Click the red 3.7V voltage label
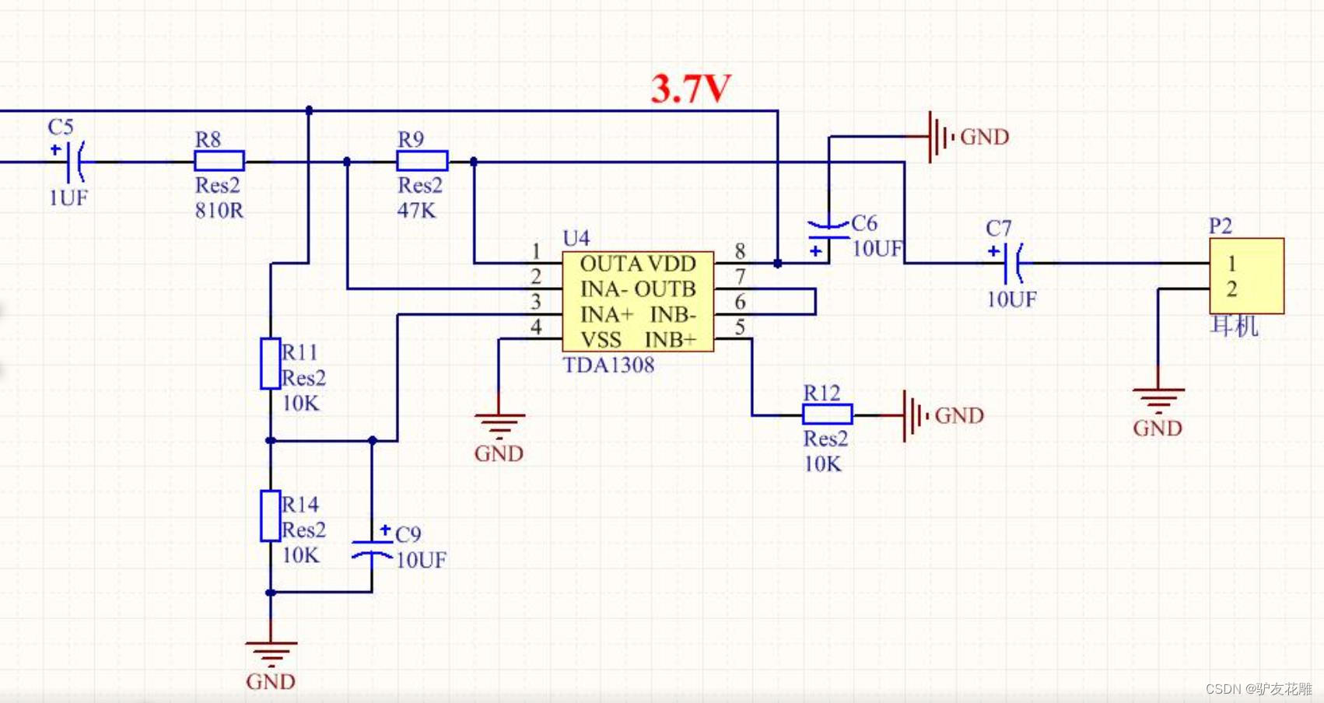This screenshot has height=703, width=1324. (x=690, y=89)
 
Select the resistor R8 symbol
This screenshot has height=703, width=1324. (x=219, y=161)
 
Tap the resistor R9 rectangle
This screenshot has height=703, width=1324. (x=422, y=161)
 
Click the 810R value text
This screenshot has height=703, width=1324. (x=219, y=211)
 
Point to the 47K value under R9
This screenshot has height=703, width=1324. (x=416, y=211)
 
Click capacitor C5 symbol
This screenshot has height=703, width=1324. (x=75, y=161)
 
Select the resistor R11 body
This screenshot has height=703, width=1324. (x=270, y=363)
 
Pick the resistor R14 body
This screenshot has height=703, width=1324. (x=270, y=516)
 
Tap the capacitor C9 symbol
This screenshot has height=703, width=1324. (x=372, y=548)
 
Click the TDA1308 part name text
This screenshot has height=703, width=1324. (x=608, y=365)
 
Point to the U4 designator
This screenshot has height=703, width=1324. (x=576, y=238)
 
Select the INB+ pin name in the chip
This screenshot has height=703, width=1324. (x=670, y=340)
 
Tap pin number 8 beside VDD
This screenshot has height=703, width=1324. (x=740, y=251)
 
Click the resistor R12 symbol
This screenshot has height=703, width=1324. (x=827, y=414)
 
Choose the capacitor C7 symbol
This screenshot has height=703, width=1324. (x=1012, y=263)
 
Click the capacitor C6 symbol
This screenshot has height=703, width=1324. (x=828, y=229)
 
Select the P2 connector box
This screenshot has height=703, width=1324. (x=1246, y=276)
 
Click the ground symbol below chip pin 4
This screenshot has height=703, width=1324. (x=499, y=424)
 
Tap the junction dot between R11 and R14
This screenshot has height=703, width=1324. (x=270, y=441)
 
